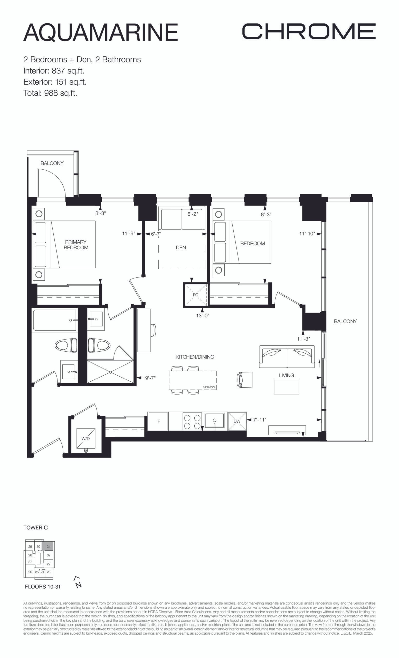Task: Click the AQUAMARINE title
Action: (x=101, y=32)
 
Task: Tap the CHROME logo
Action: (x=309, y=31)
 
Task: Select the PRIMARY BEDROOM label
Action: (x=76, y=245)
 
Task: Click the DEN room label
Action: (x=181, y=248)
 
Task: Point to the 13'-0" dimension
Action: (x=203, y=315)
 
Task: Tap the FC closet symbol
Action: (x=195, y=295)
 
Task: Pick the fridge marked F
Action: (x=158, y=421)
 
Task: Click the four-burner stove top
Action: (x=192, y=421)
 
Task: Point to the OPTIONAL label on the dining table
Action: (x=209, y=387)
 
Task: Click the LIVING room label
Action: (x=287, y=375)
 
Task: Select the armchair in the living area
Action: (x=244, y=379)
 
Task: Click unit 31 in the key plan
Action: (x=48, y=547)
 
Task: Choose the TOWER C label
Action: (x=35, y=527)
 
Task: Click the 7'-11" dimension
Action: (x=260, y=419)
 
